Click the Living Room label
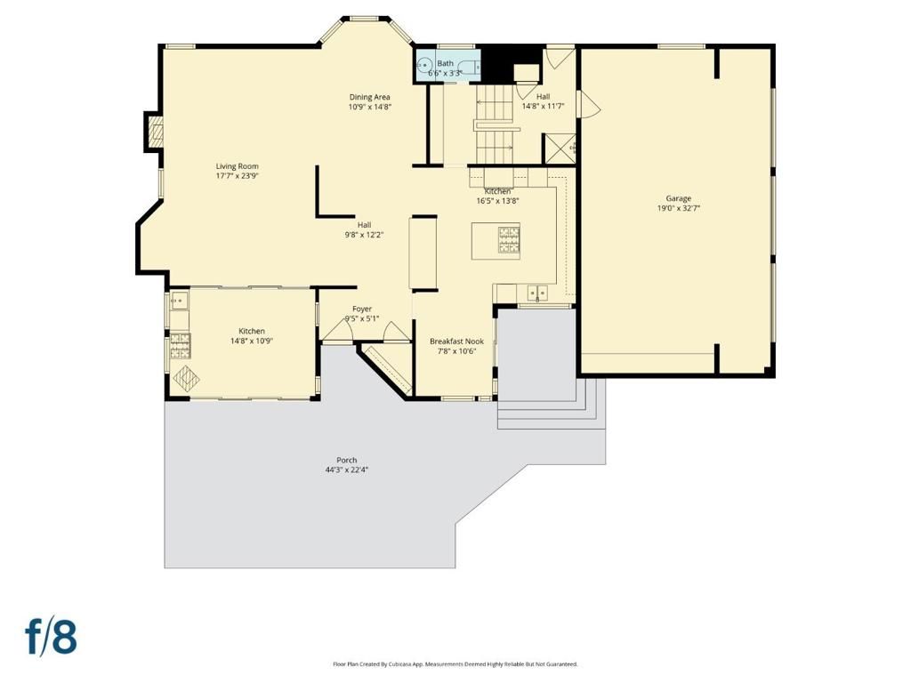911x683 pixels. [x=237, y=166]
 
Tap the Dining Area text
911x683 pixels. [x=369, y=97]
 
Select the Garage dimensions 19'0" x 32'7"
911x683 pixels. [x=678, y=208]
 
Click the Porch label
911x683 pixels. [x=346, y=460]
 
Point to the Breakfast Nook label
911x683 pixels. [x=456, y=341]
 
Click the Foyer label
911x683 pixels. [x=362, y=309]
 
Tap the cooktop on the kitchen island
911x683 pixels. [x=509, y=240]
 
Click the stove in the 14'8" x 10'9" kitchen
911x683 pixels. [x=176, y=341]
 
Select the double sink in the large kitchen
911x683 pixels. [x=536, y=292]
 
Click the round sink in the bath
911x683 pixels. [x=425, y=64]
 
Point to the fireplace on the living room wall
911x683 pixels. [x=156, y=133]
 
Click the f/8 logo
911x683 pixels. [x=51, y=637]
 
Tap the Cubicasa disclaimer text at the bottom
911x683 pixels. [x=455, y=664]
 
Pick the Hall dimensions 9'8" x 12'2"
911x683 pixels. [x=364, y=235]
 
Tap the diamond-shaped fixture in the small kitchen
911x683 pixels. [x=186, y=378]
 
